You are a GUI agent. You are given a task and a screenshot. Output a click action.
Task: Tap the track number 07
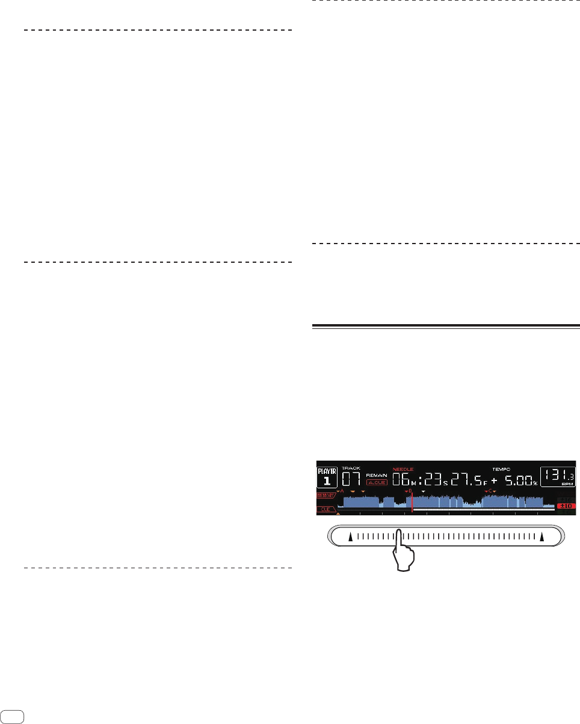(351, 479)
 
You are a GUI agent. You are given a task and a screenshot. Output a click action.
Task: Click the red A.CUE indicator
(377, 482)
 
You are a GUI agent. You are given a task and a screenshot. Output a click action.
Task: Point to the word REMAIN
(377, 474)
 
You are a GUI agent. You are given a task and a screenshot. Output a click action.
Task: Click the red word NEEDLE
(403, 468)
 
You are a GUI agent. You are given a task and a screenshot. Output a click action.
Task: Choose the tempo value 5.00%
(521, 480)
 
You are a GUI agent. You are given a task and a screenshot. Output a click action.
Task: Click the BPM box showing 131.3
(558, 477)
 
